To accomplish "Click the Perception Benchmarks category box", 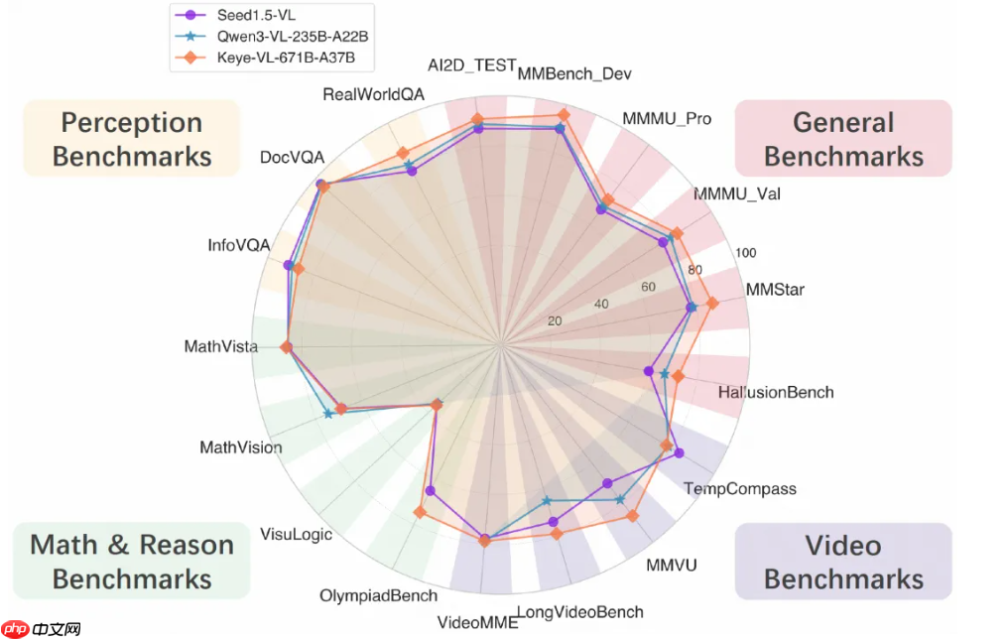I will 132,139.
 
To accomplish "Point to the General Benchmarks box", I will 843,139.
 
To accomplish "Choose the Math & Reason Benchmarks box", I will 132,562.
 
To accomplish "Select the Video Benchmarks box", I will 843,562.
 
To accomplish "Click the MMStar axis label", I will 775,290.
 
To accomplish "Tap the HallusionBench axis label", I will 776,392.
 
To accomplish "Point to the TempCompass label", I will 740,488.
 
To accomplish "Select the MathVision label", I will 241,447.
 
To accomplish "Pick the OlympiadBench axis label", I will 378,596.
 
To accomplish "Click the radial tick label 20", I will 554,320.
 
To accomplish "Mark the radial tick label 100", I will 745,252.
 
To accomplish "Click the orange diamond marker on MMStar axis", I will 711,303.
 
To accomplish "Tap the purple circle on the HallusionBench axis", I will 650,372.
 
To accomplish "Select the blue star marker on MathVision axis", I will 328,414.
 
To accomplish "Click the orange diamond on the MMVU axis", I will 633,515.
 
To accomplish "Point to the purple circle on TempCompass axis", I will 679,453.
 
